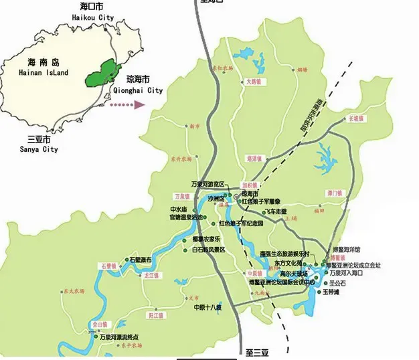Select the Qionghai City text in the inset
click(135, 90)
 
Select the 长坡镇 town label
click(356, 118)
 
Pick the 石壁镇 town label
click(109, 266)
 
